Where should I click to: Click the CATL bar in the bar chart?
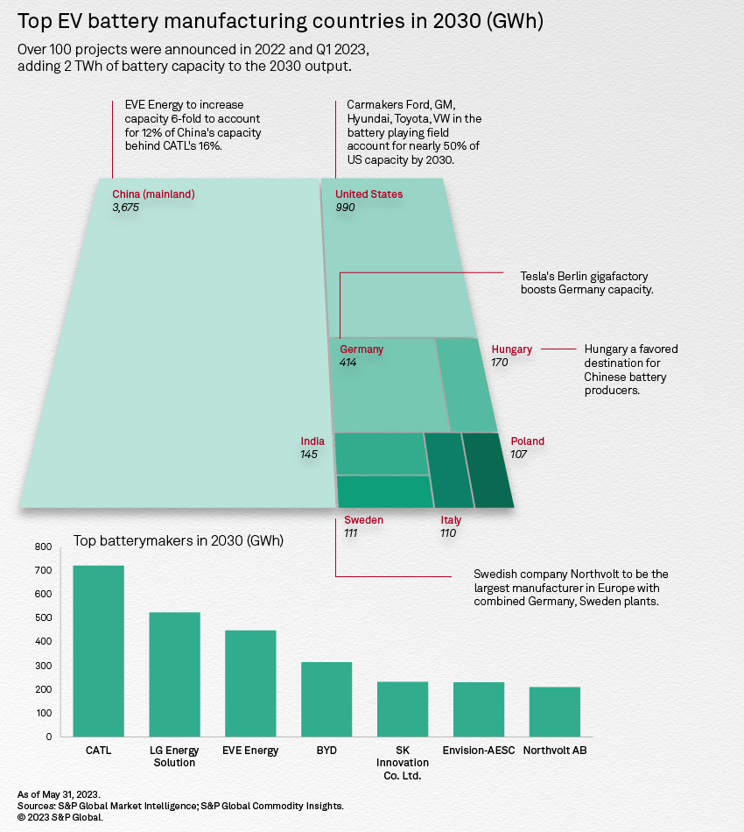pos(98,650)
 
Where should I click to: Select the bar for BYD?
pos(326,698)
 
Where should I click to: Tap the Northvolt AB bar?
pos(554,711)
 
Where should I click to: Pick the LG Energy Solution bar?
pos(174,673)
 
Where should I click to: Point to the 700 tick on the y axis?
pos(43,570)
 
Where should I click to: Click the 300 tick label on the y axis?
pos(43,666)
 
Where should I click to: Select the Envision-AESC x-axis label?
pos(480,751)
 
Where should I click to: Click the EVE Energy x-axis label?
pos(250,751)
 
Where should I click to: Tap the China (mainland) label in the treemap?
pos(153,194)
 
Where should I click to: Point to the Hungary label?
pos(511,349)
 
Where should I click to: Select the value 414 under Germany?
pos(348,362)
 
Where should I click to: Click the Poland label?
pos(527,441)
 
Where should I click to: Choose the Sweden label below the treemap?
pos(363,520)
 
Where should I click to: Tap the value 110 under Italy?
pos(448,532)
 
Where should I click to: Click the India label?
pos(312,441)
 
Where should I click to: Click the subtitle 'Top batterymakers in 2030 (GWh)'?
pos(178,540)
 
